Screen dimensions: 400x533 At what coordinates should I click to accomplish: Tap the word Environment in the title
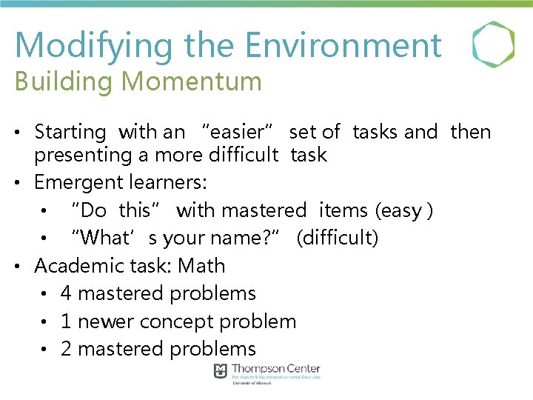[343, 45]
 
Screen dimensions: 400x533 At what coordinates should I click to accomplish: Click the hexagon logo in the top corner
[493, 44]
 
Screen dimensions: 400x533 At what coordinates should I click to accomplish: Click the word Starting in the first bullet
[71, 133]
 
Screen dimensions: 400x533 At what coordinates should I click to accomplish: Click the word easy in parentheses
[400, 210]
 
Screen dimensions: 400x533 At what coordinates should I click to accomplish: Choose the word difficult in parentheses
[338, 239]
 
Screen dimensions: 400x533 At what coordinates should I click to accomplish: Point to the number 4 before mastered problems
[66, 293]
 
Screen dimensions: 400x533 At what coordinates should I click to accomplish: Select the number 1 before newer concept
[66, 321]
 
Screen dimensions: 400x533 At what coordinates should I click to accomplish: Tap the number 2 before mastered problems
[66, 349]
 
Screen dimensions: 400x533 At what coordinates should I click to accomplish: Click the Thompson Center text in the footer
[276, 369]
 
